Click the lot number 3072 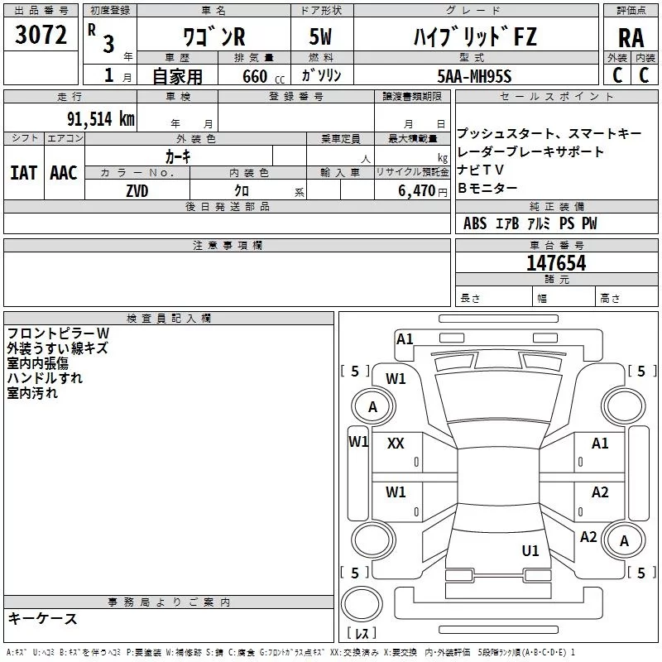pos(41,36)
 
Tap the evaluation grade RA pos(631,37)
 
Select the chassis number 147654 pos(556,263)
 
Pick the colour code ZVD pos(137,190)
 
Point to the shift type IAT pos(23,172)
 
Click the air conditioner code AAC pos(64,172)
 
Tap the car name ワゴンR pos(213,37)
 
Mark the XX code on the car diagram pos(396,444)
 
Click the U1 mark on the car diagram pos(530,550)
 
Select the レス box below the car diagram pos(362,634)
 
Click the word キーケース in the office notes pos(42,618)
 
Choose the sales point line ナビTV pos(480,170)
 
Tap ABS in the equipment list pos(475,223)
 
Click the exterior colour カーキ pos(178,156)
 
